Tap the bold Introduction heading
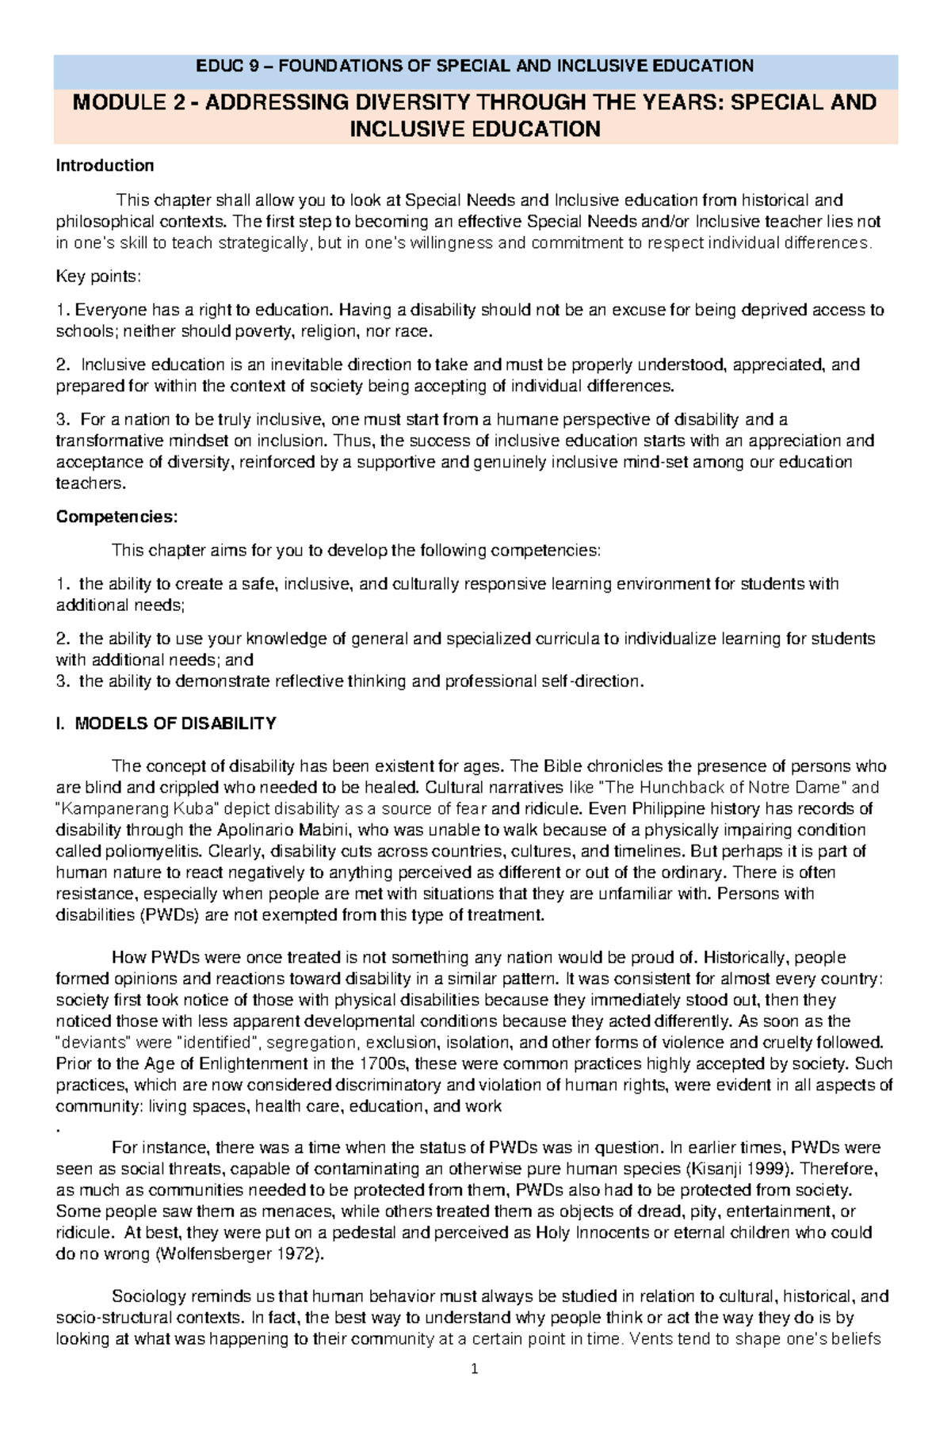(104, 166)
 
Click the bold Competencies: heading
(117, 517)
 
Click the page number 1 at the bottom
(475, 1369)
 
